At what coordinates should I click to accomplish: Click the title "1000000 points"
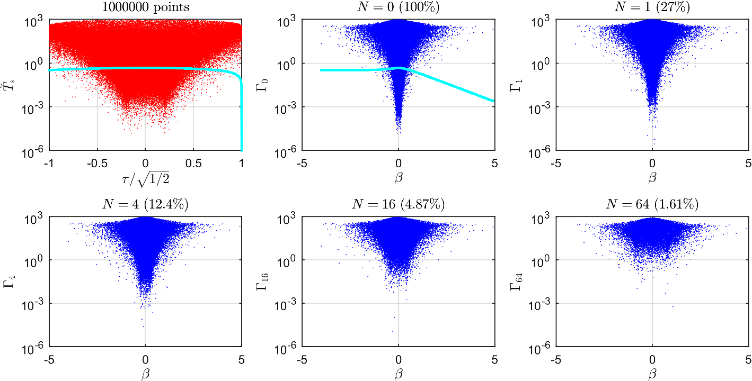[x=145, y=8]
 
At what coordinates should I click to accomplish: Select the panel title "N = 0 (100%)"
[x=399, y=8]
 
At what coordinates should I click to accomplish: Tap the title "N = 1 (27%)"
[x=652, y=8]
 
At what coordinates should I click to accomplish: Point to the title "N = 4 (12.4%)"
[x=145, y=204]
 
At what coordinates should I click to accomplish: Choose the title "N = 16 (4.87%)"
[x=399, y=204]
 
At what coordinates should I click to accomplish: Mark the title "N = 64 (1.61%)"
[x=652, y=204]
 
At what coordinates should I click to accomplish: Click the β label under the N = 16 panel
[x=399, y=374]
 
